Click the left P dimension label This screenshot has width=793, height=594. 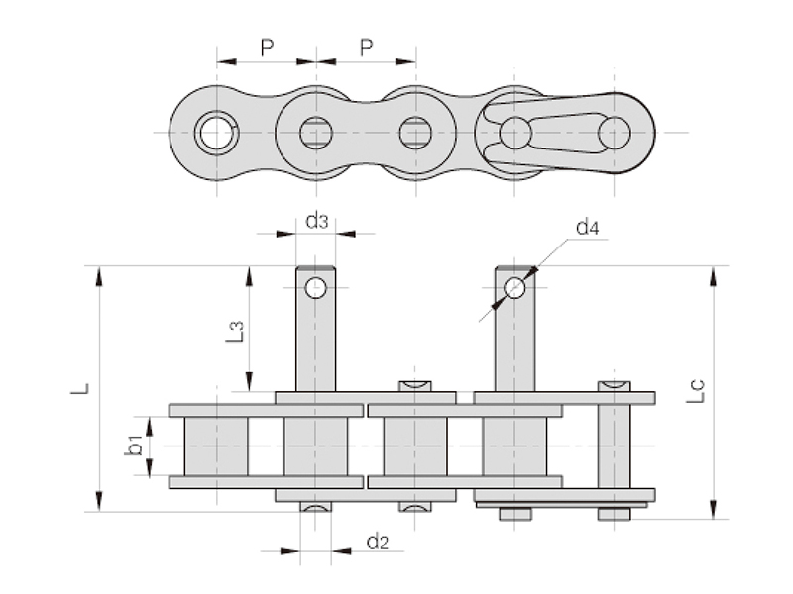[266, 47]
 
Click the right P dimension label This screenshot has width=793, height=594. [366, 47]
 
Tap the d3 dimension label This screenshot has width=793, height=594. [316, 221]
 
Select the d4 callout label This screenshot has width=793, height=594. [587, 229]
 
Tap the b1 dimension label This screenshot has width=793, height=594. [134, 446]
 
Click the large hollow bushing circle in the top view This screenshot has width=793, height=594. [216, 133]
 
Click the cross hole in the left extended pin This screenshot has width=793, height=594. [315, 288]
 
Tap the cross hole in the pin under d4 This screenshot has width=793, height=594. [514, 288]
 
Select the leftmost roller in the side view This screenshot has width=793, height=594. [216, 445]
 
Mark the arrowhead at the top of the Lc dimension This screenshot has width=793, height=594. [714, 274]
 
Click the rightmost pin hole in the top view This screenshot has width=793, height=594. [614, 133]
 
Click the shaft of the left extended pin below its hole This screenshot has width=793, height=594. [315, 346]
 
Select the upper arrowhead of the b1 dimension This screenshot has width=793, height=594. [150, 423]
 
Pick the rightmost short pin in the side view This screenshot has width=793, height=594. [614, 445]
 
